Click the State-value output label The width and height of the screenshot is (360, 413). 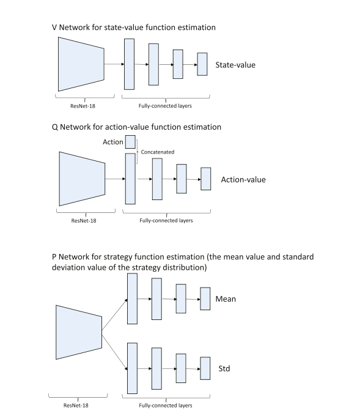click(235, 65)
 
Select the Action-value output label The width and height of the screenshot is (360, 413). click(243, 180)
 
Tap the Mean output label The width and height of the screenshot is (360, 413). click(226, 299)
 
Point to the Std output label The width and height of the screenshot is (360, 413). click(224, 368)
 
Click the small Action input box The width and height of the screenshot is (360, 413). click(130, 142)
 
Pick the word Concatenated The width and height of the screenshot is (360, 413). click(158, 152)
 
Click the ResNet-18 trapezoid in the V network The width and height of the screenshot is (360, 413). click(81, 64)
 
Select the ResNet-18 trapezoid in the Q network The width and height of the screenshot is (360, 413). click(82, 179)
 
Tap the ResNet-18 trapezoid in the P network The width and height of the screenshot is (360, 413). click(79, 332)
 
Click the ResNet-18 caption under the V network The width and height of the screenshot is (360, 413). click(83, 106)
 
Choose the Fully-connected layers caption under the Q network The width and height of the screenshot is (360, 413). click(166, 220)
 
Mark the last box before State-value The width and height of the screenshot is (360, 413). click(202, 64)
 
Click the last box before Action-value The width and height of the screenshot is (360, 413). click(206, 179)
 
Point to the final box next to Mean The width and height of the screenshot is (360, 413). click(205, 299)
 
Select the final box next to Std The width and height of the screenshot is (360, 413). click(205, 368)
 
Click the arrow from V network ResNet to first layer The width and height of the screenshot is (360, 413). click(114, 64)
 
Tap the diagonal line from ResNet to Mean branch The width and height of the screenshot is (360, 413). click(114, 314)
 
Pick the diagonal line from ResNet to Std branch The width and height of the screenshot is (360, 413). click(114, 352)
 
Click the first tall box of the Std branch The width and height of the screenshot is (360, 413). click(133, 368)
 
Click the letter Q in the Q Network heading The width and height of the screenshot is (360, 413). click(55, 127)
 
